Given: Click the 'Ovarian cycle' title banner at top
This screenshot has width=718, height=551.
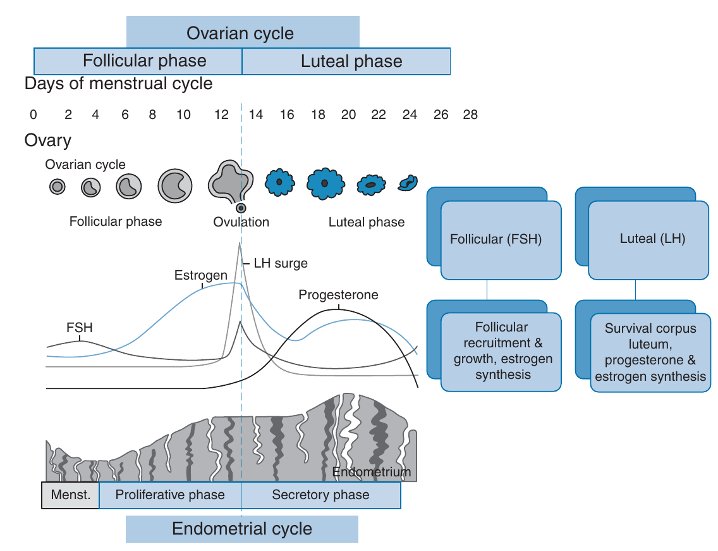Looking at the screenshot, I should tap(242, 33).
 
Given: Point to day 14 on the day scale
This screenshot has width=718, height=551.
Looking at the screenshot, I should tap(256, 115).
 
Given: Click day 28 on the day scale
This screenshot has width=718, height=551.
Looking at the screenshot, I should tap(470, 115).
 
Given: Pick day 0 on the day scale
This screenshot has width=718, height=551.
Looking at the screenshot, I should tap(33, 115).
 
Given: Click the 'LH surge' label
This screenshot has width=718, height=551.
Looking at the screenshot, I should tap(281, 263).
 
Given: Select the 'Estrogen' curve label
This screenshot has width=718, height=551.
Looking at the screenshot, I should tap(200, 275).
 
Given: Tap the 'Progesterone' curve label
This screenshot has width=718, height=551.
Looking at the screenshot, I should tap(338, 295).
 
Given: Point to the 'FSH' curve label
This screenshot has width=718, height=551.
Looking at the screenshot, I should tap(79, 328).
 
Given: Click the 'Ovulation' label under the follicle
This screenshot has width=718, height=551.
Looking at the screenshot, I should tap(241, 222).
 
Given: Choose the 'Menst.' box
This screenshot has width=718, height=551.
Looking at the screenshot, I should tap(70, 495).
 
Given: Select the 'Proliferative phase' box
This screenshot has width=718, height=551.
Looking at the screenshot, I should tap(170, 495).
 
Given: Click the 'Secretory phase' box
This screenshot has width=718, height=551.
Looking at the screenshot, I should tap(320, 495).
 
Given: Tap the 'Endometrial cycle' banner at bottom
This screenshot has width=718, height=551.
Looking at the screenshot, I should tap(242, 529).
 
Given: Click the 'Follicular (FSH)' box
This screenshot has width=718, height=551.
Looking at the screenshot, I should tap(501, 240).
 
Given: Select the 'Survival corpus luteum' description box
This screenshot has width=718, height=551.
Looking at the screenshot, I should tap(650, 352).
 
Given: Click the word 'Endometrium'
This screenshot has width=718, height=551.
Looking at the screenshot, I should tap(372, 472).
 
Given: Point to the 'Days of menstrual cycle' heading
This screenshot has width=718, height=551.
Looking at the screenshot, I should tap(118, 84).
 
